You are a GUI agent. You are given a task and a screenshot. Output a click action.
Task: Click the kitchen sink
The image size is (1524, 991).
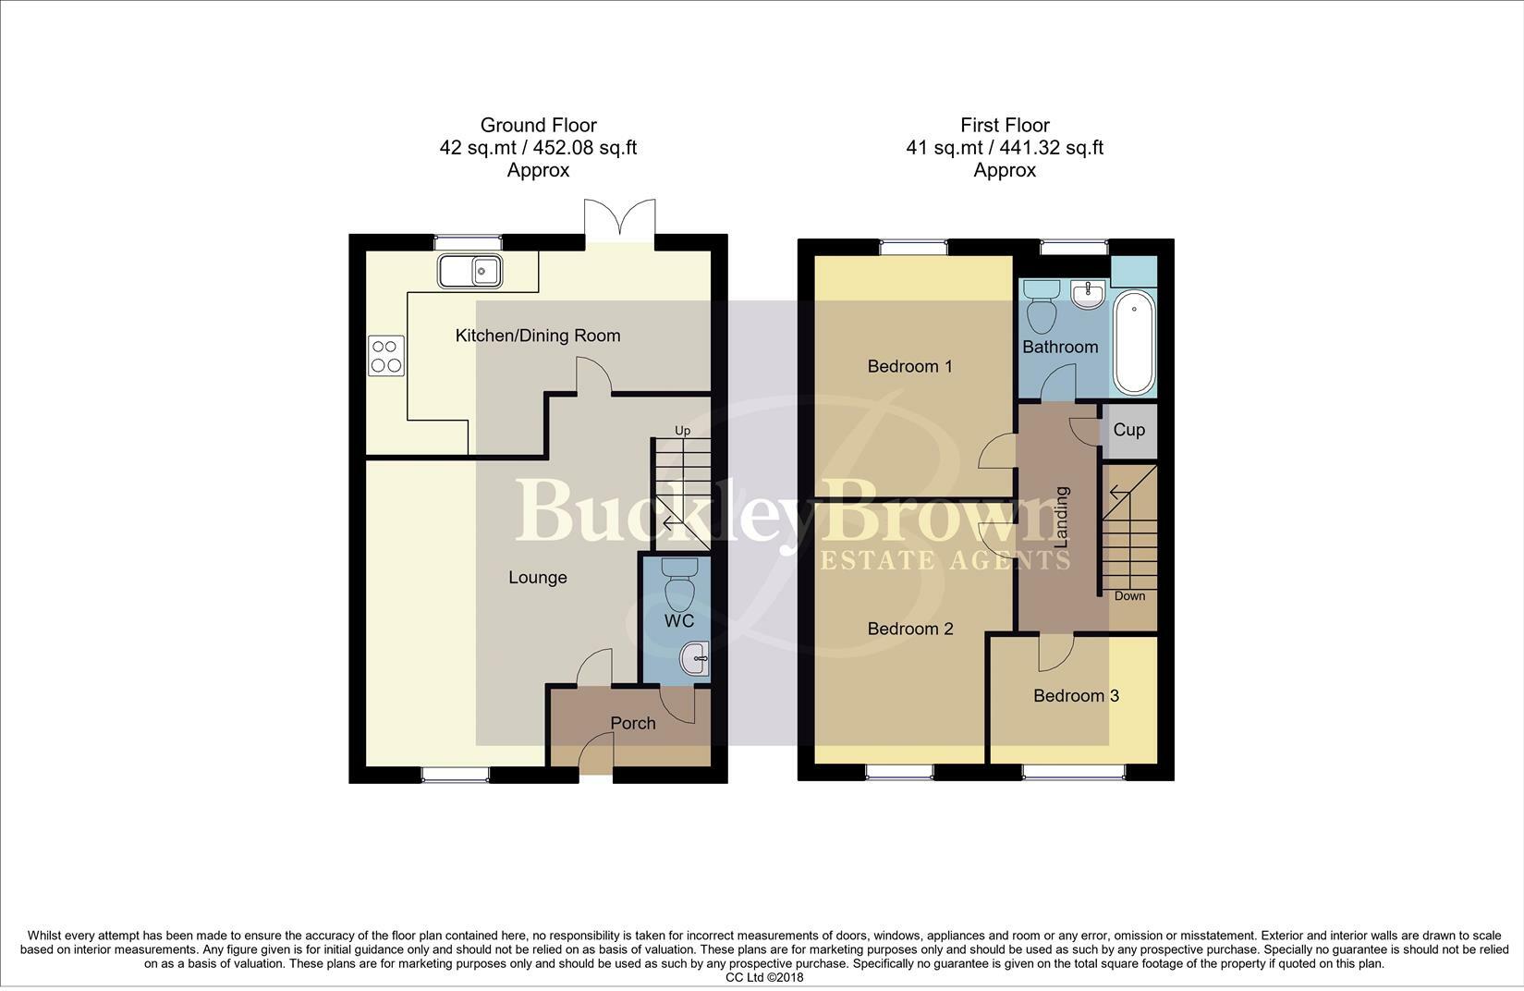click(470, 271)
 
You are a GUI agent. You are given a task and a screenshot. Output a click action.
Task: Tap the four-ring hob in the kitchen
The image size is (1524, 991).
click(386, 355)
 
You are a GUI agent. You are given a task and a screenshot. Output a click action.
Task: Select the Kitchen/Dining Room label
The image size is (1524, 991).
click(538, 336)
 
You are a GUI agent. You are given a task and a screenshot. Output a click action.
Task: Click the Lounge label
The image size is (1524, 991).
click(538, 577)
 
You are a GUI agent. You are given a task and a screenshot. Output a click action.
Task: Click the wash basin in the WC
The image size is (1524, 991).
click(695, 658)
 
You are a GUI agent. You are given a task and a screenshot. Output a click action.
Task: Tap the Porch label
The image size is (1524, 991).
click(633, 723)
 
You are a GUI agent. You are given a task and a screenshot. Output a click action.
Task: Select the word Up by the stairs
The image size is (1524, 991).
click(682, 430)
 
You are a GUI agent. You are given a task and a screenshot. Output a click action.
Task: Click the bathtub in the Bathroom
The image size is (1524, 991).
click(1134, 342)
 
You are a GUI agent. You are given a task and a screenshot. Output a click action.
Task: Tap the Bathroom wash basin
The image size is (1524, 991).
click(1087, 294)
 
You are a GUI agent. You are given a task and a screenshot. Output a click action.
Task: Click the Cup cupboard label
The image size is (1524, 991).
click(1128, 430)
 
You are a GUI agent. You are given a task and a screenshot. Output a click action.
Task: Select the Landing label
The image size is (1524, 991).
click(1061, 518)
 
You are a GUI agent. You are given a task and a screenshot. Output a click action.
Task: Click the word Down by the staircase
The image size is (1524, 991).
click(1129, 595)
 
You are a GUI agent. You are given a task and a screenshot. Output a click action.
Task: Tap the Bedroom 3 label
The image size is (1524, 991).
click(1076, 695)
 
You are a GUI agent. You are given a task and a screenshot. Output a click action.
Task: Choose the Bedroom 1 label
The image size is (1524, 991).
click(909, 366)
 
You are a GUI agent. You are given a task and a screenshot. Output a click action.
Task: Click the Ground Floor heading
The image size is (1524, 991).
click(538, 125)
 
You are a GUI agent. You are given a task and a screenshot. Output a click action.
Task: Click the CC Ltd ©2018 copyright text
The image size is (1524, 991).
click(764, 978)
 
